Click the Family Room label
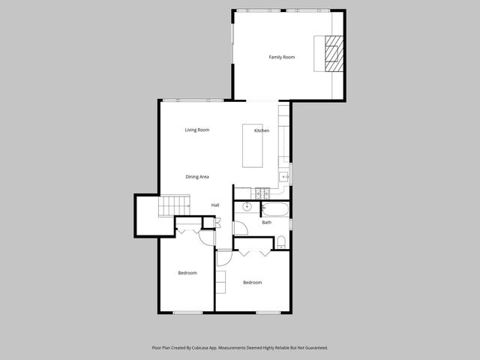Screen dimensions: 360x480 pos(282,57)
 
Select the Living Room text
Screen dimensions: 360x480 pos(197,130)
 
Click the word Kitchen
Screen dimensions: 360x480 pos(261,131)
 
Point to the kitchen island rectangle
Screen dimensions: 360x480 pos(253,146)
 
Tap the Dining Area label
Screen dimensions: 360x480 pos(197,177)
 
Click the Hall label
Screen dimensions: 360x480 pos(215,205)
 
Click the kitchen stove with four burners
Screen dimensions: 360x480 pos(262,193)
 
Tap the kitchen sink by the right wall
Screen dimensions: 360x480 pos(284,176)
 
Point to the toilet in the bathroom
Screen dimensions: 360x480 pos(280,241)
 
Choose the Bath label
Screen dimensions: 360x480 pos(266,222)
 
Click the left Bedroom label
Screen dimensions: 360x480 pos(187,273)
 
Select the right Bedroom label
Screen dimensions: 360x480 pos(252,282)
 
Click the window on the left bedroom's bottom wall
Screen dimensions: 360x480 pos(186,312)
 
